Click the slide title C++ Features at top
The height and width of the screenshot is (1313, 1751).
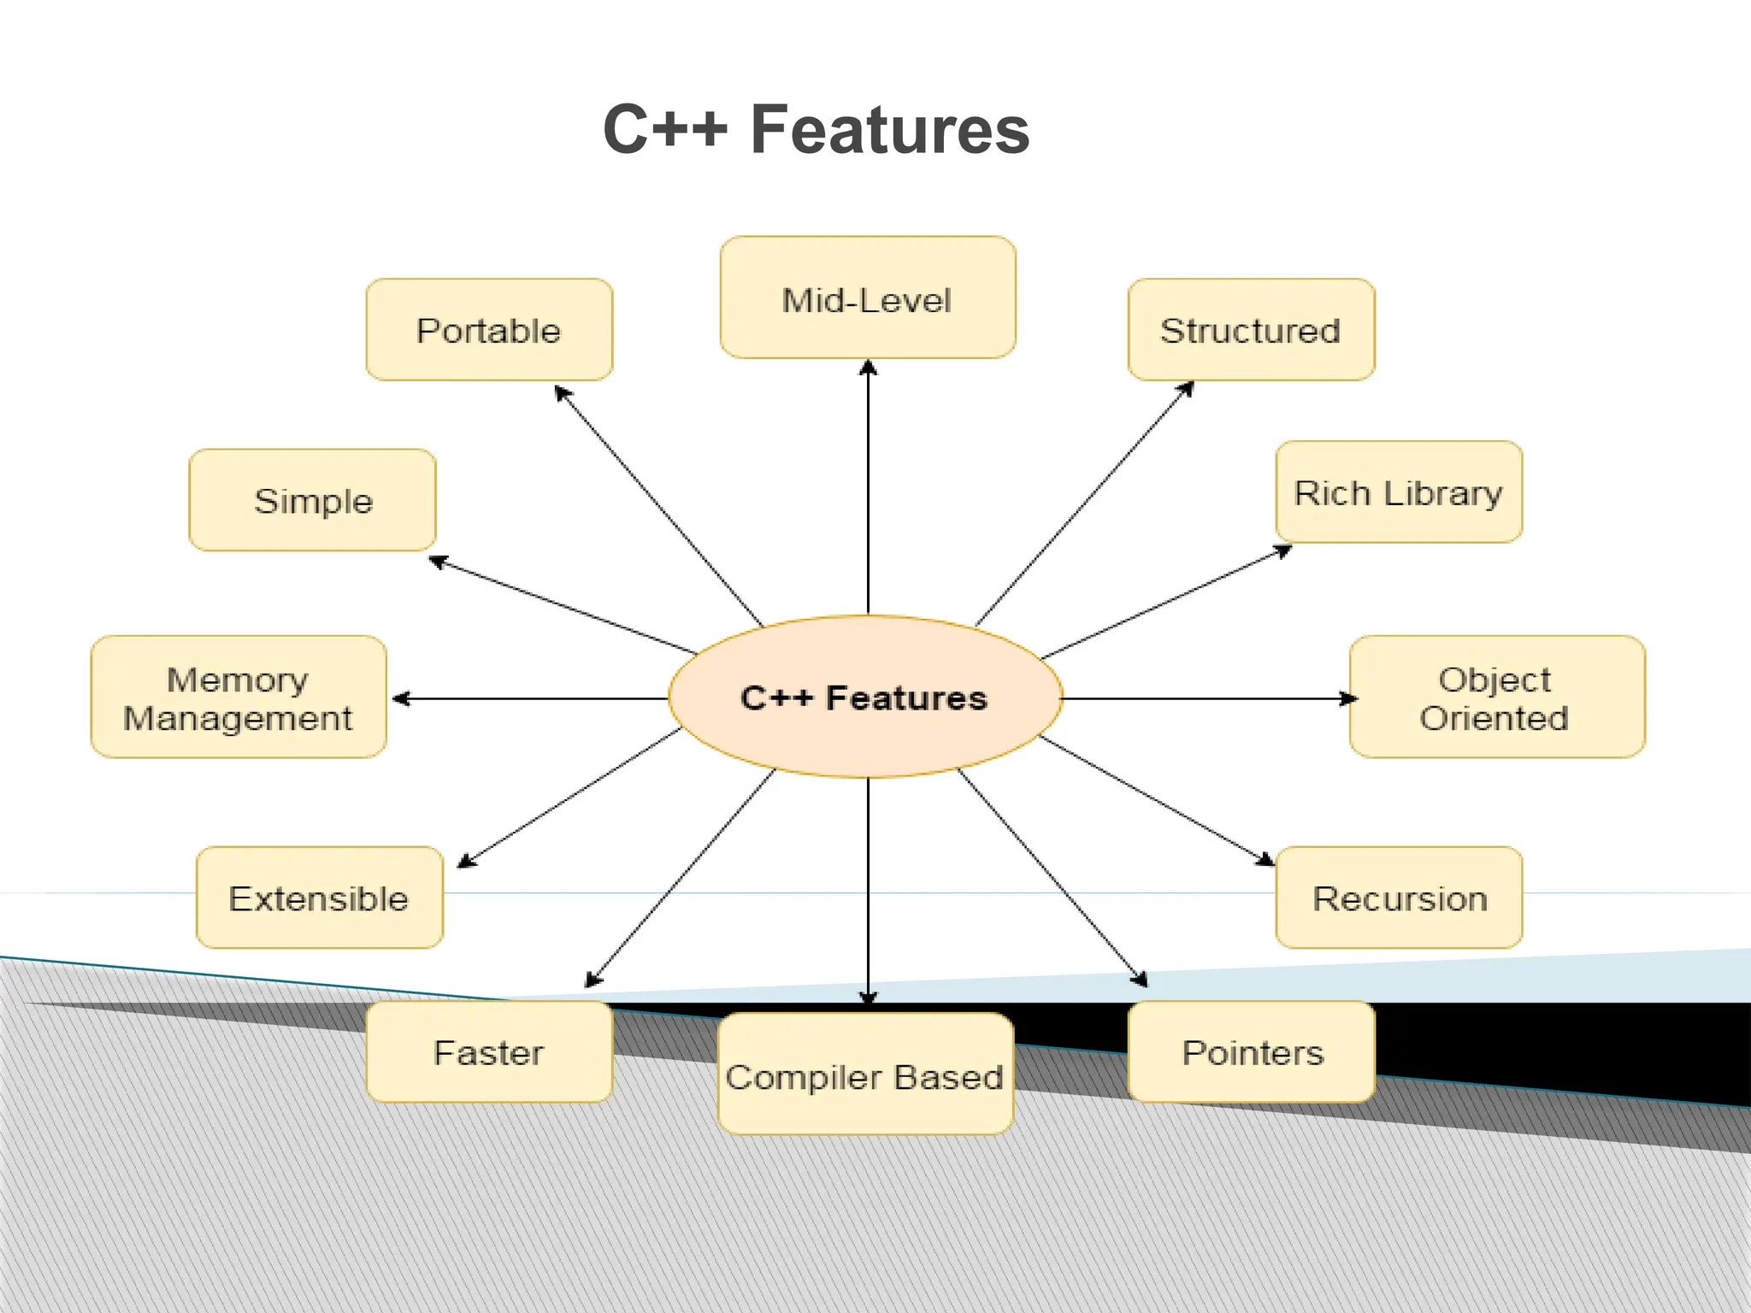pos(816,129)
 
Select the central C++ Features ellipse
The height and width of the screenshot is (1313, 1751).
pos(864,697)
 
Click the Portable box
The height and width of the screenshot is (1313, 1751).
pos(489,330)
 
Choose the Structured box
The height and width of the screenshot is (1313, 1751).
pos(1251,330)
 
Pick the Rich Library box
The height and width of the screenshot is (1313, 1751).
pos(1399,492)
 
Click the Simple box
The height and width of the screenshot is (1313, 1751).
pos(313,500)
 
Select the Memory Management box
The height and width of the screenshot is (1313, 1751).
pos(238,698)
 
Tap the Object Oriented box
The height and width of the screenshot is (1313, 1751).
pos(1496,698)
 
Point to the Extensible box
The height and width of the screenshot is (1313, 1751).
pos(319,898)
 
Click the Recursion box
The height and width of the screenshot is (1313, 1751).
pos(1399,898)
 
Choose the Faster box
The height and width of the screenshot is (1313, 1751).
pos(489,1052)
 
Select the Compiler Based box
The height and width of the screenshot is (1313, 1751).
pos(865,1075)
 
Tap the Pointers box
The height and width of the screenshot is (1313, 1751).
pos(1252,1052)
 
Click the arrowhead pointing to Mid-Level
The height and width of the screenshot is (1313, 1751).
pos(868,368)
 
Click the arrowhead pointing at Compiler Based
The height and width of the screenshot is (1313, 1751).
pos(868,997)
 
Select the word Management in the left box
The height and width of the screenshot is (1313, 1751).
pos(238,718)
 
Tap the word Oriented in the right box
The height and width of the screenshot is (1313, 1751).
pos(1495,718)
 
